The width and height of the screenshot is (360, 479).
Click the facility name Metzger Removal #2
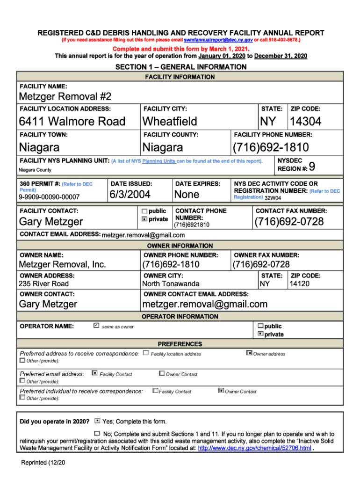click(x=65, y=97)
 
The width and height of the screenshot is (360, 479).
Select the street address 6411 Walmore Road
click(x=72, y=122)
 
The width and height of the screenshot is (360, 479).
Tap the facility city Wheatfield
click(x=170, y=122)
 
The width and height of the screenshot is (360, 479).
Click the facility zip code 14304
click(x=305, y=122)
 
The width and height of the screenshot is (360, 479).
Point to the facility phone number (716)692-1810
click(x=271, y=148)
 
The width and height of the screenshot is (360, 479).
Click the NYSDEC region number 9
click(x=312, y=167)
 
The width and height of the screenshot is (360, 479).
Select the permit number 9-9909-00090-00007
click(x=49, y=197)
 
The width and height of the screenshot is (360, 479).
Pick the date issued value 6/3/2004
click(x=130, y=195)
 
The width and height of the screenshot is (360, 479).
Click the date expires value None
click(x=187, y=195)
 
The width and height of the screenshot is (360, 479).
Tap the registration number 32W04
click(x=273, y=198)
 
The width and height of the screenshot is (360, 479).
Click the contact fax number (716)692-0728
click(x=289, y=222)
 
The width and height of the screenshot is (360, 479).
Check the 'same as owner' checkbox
click(x=96, y=326)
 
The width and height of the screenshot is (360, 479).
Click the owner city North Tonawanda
click(x=171, y=284)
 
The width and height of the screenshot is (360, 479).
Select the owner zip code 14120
click(x=300, y=284)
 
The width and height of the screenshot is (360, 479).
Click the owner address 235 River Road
click(x=43, y=284)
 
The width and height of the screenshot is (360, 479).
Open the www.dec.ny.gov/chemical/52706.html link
click(x=254, y=448)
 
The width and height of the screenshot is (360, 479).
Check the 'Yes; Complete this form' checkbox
click(x=97, y=421)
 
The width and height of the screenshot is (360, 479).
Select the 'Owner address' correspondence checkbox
click(x=249, y=353)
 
